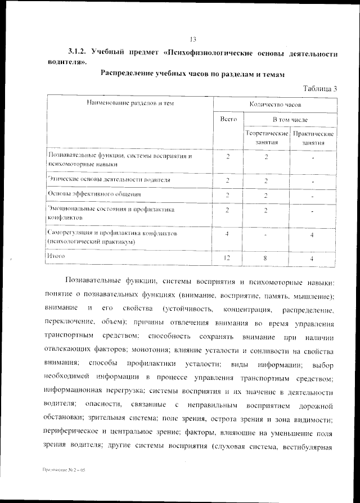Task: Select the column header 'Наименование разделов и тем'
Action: click(x=130, y=104)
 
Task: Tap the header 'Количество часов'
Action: click(x=275, y=105)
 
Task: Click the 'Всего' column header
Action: click(x=228, y=120)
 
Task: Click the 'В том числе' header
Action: click(x=290, y=120)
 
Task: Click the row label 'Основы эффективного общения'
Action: click(x=94, y=194)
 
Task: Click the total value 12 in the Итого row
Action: click(x=227, y=257)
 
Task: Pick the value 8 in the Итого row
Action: click(x=266, y=257)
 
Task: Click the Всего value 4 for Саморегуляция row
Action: click(x=227, y=234)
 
